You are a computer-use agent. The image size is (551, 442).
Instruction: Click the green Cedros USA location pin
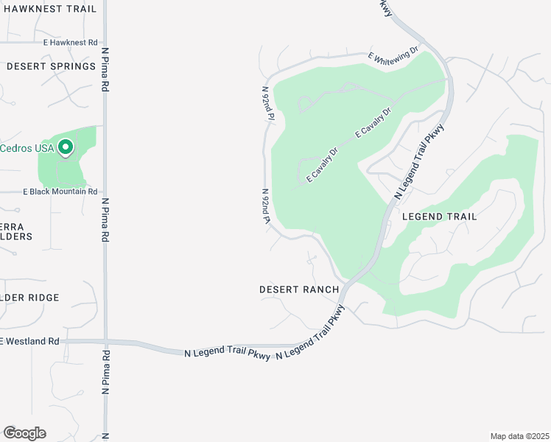point(66,148)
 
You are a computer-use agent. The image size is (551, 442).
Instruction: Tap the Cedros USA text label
point(27,148)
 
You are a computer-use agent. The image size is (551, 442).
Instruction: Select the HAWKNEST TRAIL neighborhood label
point(49,10)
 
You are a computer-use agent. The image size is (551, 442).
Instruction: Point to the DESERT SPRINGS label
point(51,66)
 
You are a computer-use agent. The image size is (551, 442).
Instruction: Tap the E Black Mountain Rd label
point(60,192)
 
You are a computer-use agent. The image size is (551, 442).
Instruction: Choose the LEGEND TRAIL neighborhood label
point(439,217)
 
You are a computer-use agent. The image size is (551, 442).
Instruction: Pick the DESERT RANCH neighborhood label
point(299,290)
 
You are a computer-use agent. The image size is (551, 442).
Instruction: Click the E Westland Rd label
point(30,341)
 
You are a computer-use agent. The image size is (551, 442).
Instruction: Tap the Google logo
point(24,433)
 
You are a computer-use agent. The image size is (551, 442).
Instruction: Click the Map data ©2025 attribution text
point(519,436)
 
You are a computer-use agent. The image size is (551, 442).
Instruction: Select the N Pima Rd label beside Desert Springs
point(105,70)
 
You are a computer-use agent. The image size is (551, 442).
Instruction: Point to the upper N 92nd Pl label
point(267,103)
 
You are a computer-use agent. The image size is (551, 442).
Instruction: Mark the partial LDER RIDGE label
point(29,298)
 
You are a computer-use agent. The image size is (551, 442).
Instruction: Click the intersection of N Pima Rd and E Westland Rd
point(105,341)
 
